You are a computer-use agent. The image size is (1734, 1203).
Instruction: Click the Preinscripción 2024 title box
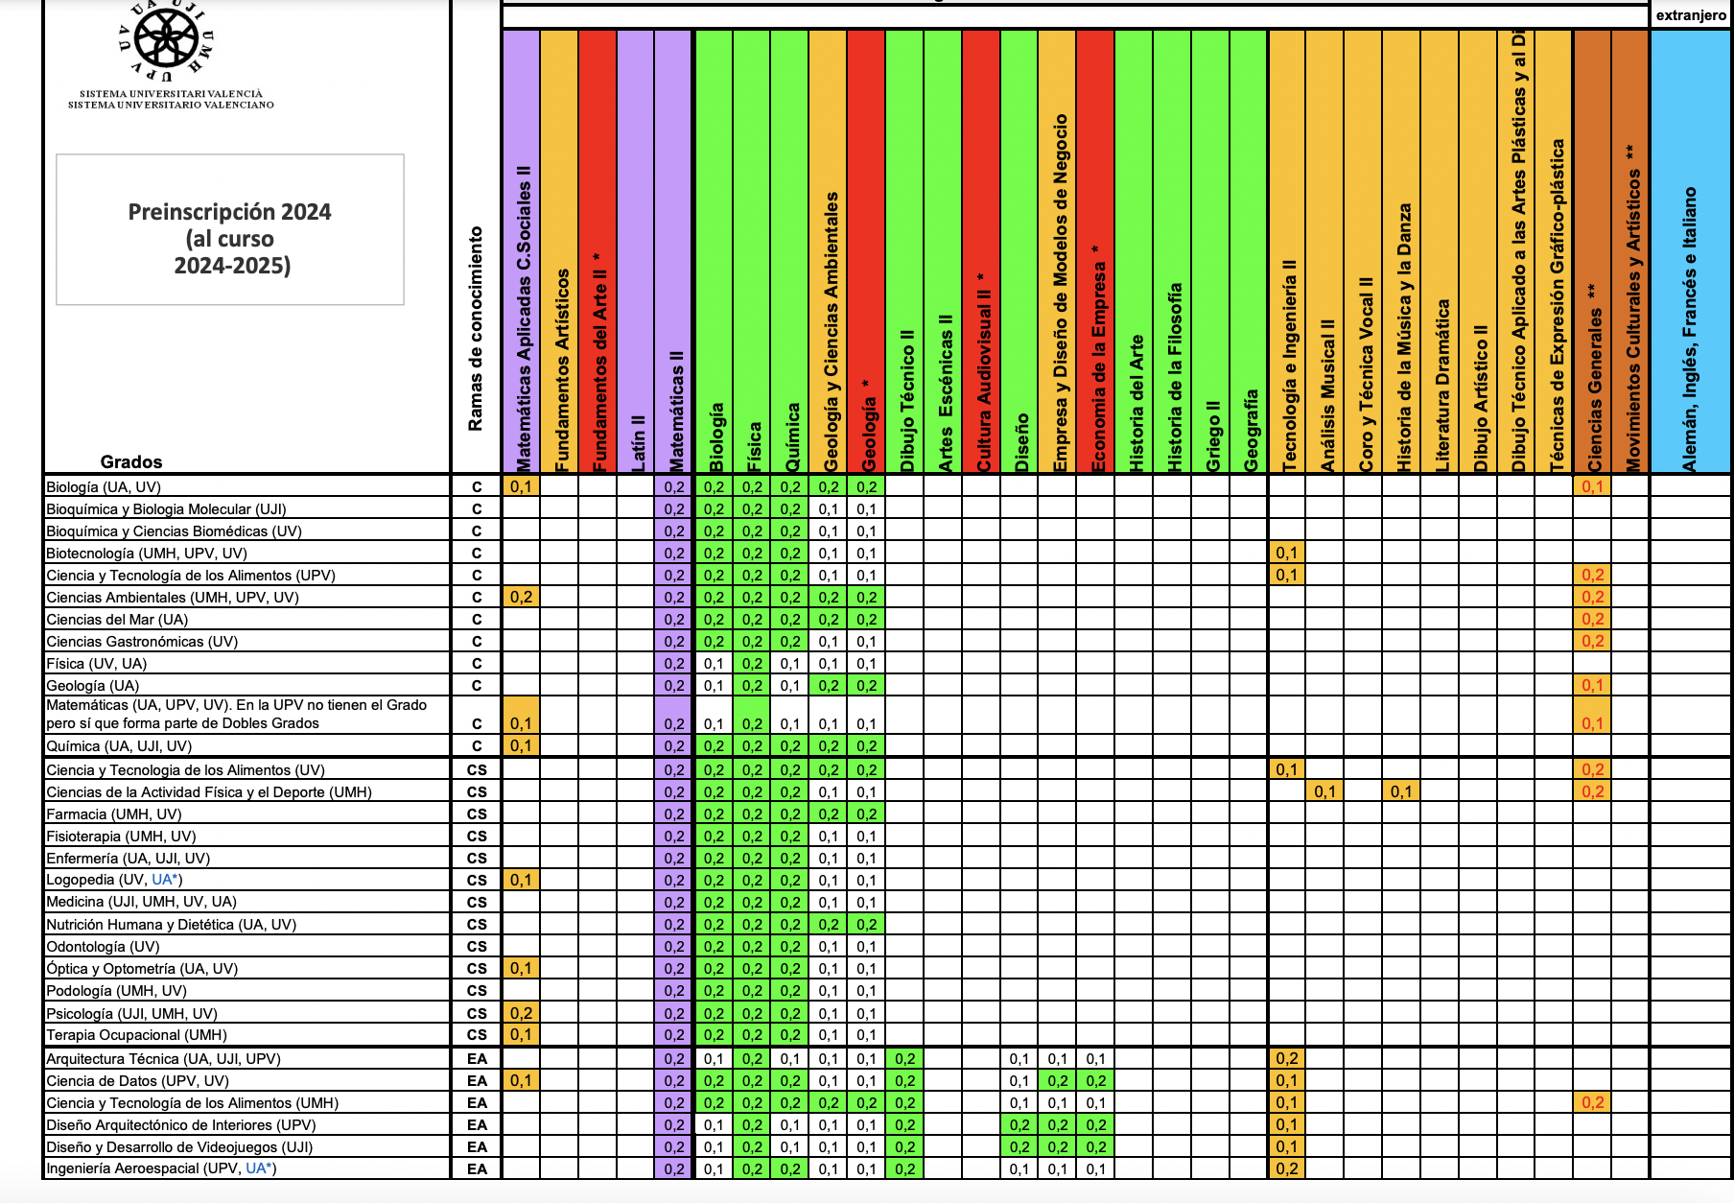click(x=230, y=229)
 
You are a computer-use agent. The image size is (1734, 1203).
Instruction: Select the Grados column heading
click(x=131, y=461)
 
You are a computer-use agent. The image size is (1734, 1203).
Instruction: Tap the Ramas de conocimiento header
click(x=476, y=328)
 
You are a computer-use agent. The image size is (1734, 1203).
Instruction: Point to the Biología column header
click(x=715, y=436)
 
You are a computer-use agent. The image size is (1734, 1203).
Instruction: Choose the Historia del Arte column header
click(x=1136, y=403)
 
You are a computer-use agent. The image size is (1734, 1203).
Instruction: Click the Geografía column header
click(x=1251, y=430)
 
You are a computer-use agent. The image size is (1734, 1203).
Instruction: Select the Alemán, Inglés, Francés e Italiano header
click(x=1689, y=329)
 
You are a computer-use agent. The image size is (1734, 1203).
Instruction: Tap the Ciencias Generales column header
click(x=1594, y=377)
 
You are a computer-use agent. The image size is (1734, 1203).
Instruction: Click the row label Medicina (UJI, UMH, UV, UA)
click(x=141, y=902)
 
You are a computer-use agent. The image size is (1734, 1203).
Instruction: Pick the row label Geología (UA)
click(x=92, y=686)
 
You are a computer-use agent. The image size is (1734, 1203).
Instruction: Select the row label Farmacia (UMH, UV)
click(x=113, y=814)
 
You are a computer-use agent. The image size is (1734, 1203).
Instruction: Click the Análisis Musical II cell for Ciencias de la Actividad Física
click(x=1324, y=791)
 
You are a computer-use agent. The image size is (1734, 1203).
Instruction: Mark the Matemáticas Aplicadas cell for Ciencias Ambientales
click(x=521, y=597)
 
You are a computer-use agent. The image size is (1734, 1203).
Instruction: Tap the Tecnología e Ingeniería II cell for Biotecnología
click(x=1286, y=553)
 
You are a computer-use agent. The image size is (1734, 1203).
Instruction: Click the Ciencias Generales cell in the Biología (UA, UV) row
click(x=1592, y=486)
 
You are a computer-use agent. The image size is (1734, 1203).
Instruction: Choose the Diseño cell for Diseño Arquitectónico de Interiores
click(x=1019, y=1124)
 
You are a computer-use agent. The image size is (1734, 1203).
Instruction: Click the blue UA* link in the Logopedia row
click(x=166, y=880)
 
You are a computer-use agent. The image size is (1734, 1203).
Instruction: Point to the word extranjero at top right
click(x=1691, y=15)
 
